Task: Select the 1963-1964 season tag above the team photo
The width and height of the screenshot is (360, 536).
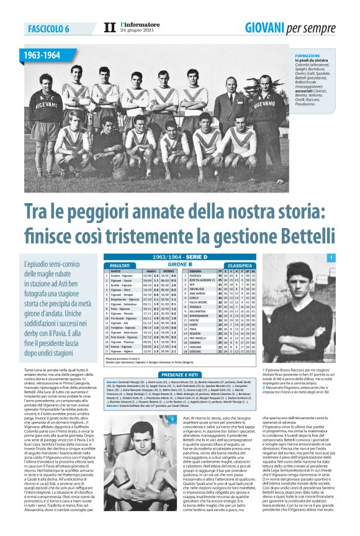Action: point(42,56)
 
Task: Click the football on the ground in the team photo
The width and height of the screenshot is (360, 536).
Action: point(120,175)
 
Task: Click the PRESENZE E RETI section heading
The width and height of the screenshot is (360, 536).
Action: point(180,375)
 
